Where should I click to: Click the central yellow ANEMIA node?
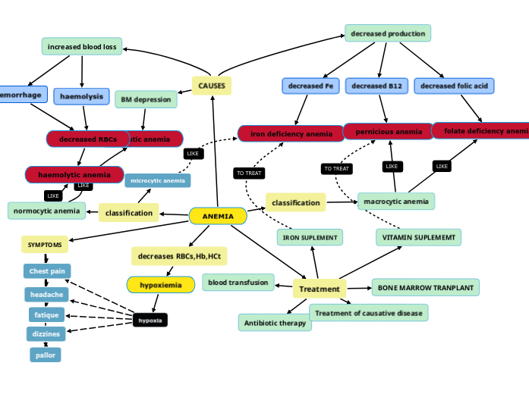218,216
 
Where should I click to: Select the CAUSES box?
212,86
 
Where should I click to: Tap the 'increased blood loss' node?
82,47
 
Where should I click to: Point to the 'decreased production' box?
388,33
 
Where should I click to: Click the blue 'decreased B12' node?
377,86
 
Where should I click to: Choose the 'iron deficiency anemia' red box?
292,133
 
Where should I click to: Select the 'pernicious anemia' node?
388,131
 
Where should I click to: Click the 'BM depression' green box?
146,99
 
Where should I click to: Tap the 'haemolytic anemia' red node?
74,174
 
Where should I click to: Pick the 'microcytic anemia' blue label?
158,180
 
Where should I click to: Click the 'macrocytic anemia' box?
396,201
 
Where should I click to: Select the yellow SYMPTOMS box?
45,245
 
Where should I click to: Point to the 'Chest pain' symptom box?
47,270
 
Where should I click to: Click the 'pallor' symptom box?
46,355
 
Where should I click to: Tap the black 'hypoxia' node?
150,320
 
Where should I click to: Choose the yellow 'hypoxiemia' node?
161,284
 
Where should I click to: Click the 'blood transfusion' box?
238,283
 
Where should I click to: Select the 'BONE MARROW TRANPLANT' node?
425,287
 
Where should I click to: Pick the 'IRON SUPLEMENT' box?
310,237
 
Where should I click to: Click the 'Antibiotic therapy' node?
275,323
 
